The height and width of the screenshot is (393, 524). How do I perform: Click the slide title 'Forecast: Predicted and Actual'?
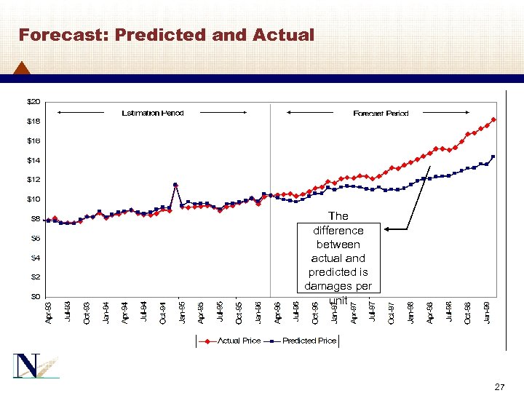166,35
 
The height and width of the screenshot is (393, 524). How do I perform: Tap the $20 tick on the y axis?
34,101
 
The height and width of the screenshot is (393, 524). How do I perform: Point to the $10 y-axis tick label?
34,199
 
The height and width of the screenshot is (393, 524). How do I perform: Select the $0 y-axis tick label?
34,296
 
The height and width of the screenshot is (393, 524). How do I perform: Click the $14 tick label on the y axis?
34,160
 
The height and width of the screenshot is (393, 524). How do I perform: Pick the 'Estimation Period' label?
152,113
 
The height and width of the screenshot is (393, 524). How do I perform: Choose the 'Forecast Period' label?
381,113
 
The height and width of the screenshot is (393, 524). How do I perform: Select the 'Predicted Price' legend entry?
309,341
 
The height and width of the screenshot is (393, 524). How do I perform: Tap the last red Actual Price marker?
493,119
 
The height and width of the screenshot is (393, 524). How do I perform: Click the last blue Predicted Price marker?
493,156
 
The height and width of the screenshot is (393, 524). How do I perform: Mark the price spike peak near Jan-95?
175,185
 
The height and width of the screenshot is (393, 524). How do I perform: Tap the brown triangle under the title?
22,68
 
